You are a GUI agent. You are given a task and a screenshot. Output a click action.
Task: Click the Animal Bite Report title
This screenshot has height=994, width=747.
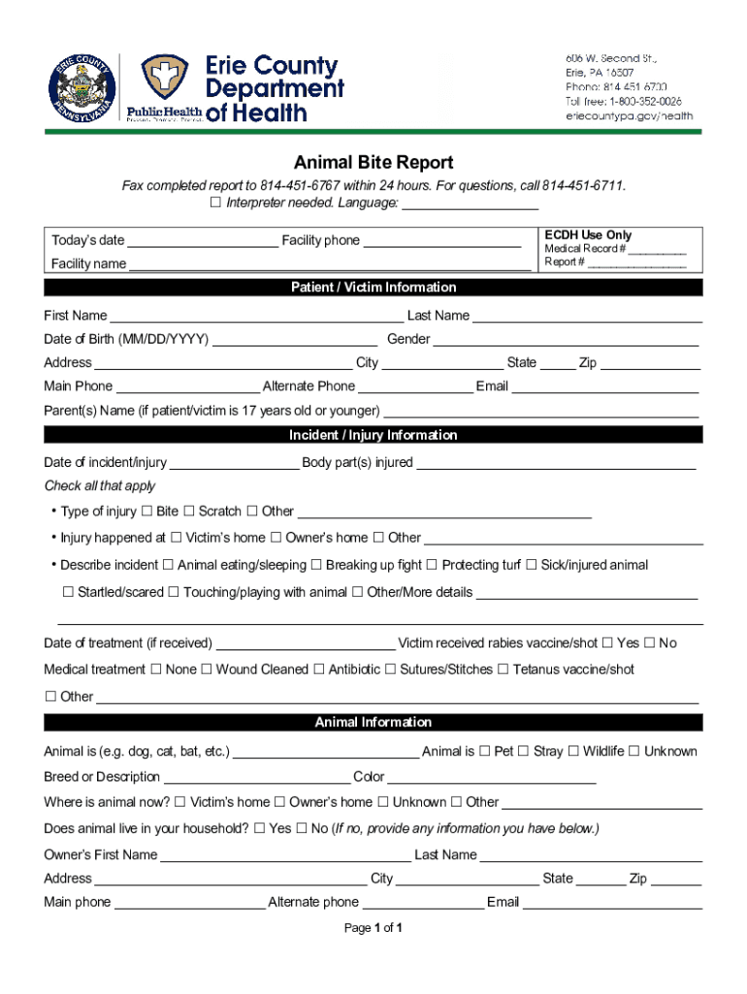click(373, 163)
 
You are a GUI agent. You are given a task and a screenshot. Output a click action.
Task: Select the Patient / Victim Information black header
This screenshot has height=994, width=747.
click(373, 287)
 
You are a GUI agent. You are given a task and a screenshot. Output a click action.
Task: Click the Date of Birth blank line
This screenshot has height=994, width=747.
click(295, 341)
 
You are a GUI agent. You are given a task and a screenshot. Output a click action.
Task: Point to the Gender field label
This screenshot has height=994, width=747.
click(408, 340)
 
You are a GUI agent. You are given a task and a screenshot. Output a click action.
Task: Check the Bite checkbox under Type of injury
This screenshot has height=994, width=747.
click(146, 512)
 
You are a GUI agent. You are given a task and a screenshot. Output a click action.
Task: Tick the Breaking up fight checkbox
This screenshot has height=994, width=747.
click(316, 565)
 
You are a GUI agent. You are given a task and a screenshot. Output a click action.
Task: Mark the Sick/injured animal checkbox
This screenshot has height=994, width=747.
click(531, 565)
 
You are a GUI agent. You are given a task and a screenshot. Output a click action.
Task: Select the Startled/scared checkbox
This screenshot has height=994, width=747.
click(68, 592)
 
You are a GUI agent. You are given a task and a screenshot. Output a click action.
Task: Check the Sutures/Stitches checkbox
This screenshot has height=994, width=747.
click(390, 670)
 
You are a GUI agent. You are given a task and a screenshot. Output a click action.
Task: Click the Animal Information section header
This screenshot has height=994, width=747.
click(373, 722)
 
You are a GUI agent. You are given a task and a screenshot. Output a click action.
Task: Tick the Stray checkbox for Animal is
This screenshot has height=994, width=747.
click(523, 751)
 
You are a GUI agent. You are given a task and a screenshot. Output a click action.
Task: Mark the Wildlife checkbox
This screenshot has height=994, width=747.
click(573, 751)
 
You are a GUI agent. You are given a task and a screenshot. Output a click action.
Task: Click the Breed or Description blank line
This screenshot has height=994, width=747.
click(256, 779)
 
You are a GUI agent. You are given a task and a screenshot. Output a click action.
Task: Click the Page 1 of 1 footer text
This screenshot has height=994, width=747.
click(373, 929)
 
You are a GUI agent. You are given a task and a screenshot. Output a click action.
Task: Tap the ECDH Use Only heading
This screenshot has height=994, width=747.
click(588, 235)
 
